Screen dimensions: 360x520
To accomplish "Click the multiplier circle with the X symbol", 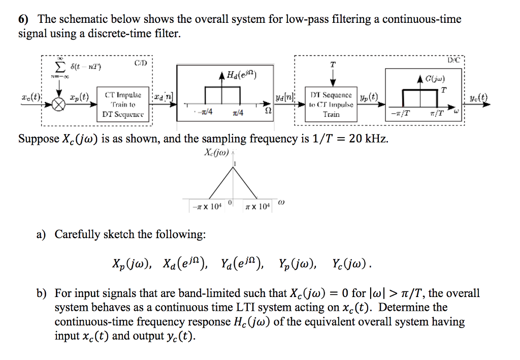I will (60, 104).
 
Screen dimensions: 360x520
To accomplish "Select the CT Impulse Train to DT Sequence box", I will (124, 105).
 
